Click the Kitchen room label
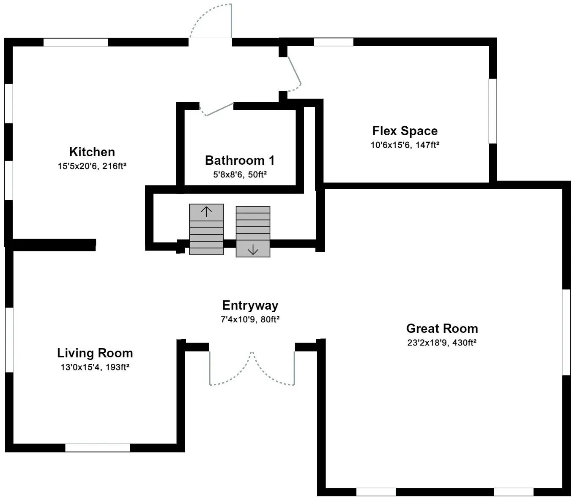tap(92, 152)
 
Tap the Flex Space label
tap(405, 131)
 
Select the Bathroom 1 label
tap(240, 161)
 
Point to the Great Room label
tap(442, 328)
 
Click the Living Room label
tap(95, 353)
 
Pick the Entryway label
tap(250, 305)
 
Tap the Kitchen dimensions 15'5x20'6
tap(77, 166)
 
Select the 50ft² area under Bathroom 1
tap(257, 175)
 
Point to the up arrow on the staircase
tap(206, 212)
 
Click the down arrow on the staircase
tap(253, 250)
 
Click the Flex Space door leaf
tap(295, 70)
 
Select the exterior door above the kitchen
tap(231, 21)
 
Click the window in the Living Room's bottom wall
tap(98, 448)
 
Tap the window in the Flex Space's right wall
tap(493, 111)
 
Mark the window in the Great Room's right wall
tap(566, 332)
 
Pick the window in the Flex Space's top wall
tap(334, 42)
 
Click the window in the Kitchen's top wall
tap(76, 42)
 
